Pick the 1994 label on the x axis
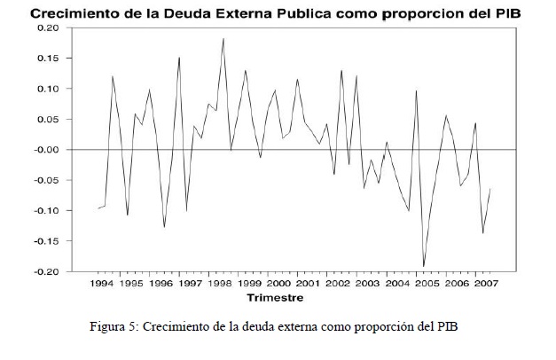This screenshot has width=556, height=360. click(102, 284)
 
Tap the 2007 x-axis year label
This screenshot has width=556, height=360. click(486, 284)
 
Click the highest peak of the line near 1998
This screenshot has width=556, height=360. click(223, 38)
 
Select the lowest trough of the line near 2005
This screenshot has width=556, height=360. click(423, 266)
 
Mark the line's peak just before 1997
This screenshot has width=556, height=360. click(179, 58)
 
